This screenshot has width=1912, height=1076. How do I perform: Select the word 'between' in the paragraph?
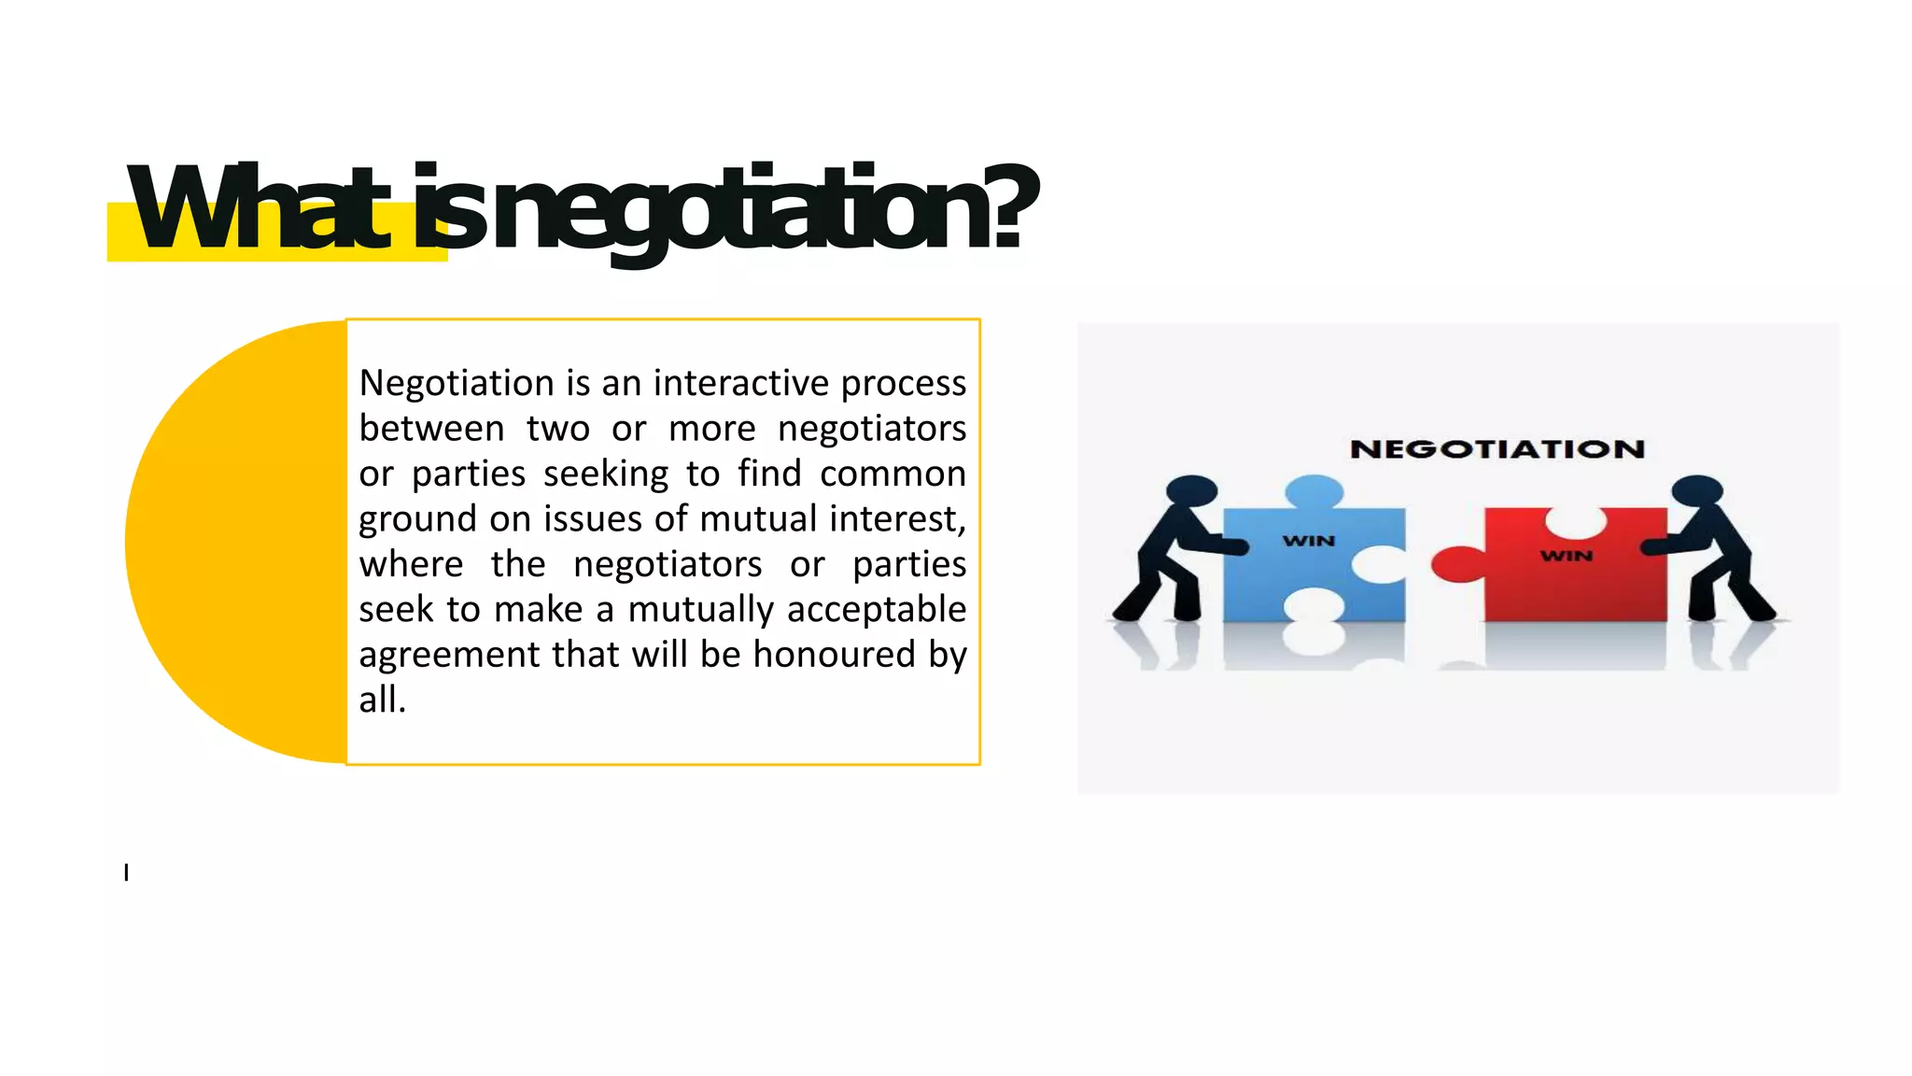click(431, 429)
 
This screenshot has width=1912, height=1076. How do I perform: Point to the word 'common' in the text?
click(893, 474)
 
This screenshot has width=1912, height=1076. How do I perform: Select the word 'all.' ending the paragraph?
click(383, 700)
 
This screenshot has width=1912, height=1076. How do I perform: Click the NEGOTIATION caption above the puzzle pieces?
click(1497, 449)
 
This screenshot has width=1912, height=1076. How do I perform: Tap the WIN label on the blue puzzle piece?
click(1309, 541)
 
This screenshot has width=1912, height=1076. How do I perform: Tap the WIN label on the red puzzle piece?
click(1566, 556)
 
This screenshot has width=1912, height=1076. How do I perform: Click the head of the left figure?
click(1192, 490)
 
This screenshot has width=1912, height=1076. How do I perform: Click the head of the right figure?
click(1696, 490)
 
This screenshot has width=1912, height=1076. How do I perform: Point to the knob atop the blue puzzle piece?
click(1314, 491)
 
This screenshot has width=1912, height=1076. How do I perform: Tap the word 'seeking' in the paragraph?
click(606, 474)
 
